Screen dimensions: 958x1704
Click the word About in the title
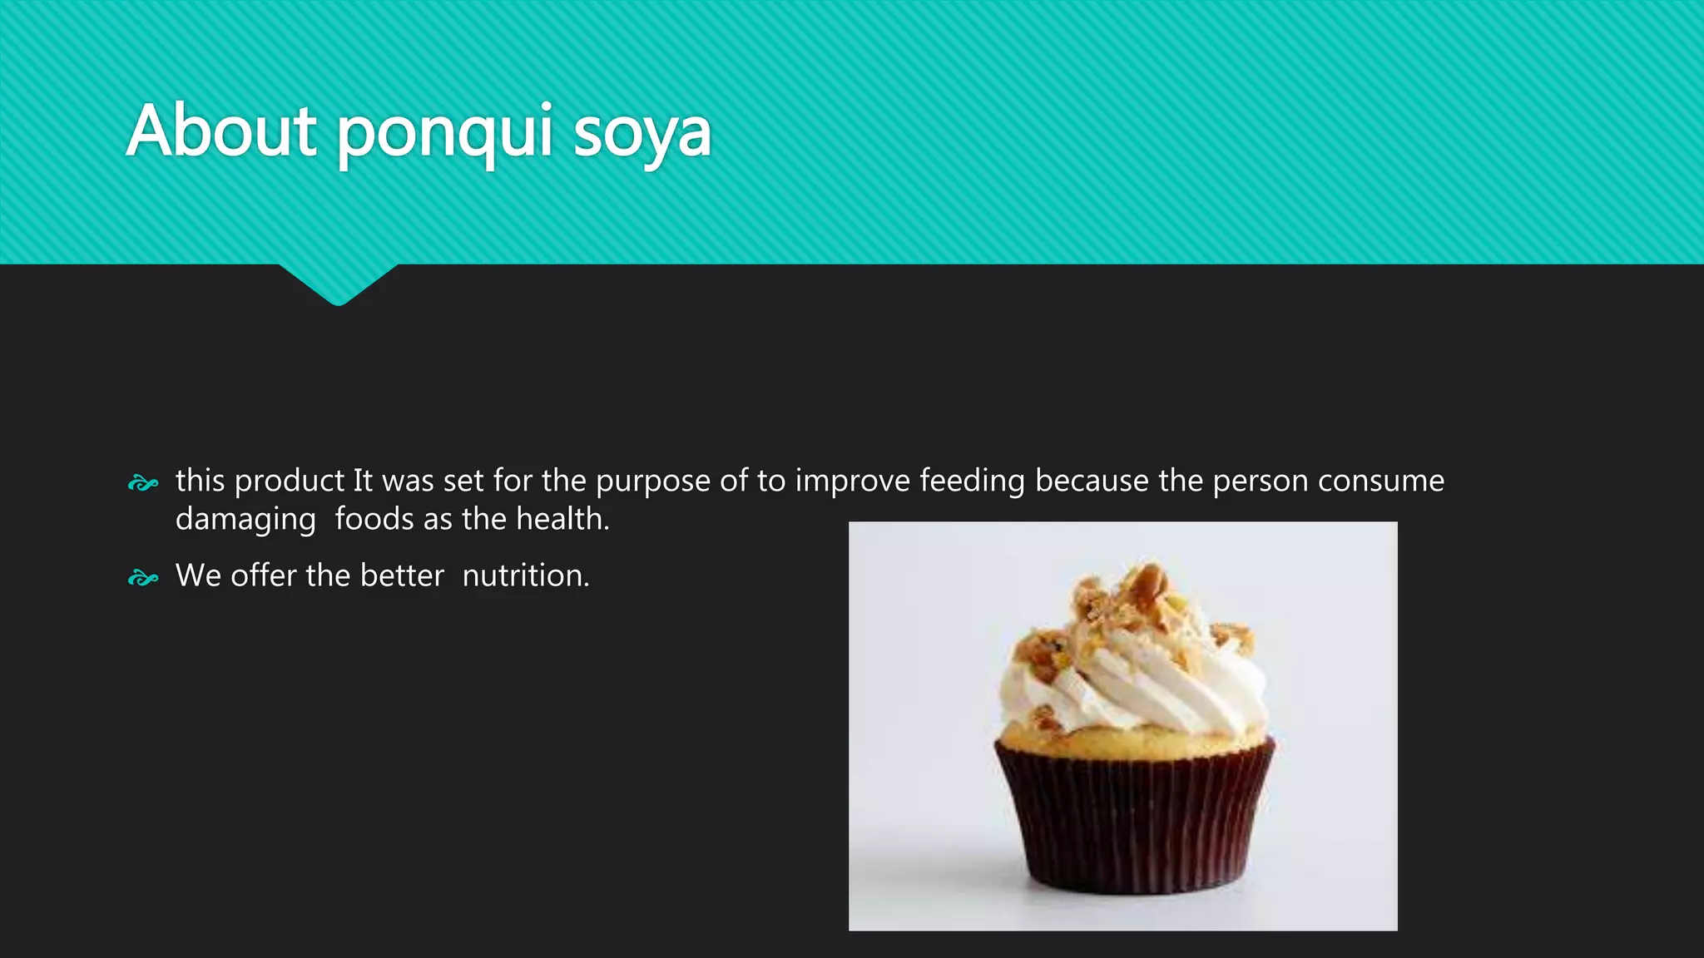click(x=221, y=131)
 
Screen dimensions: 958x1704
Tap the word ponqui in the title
click(x=444, y=133)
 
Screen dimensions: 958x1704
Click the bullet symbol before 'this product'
click(x=143, y=483)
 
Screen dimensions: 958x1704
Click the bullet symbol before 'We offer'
click(x=143, y=578)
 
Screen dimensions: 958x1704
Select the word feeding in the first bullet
click(x=972, y=481)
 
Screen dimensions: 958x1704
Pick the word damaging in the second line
click(x=245, y=520)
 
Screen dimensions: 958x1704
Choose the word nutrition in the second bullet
click(x=525, y=575)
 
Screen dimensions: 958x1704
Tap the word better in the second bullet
click(x=402, y=575)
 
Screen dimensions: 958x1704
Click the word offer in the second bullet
click(x=264, y=575)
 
